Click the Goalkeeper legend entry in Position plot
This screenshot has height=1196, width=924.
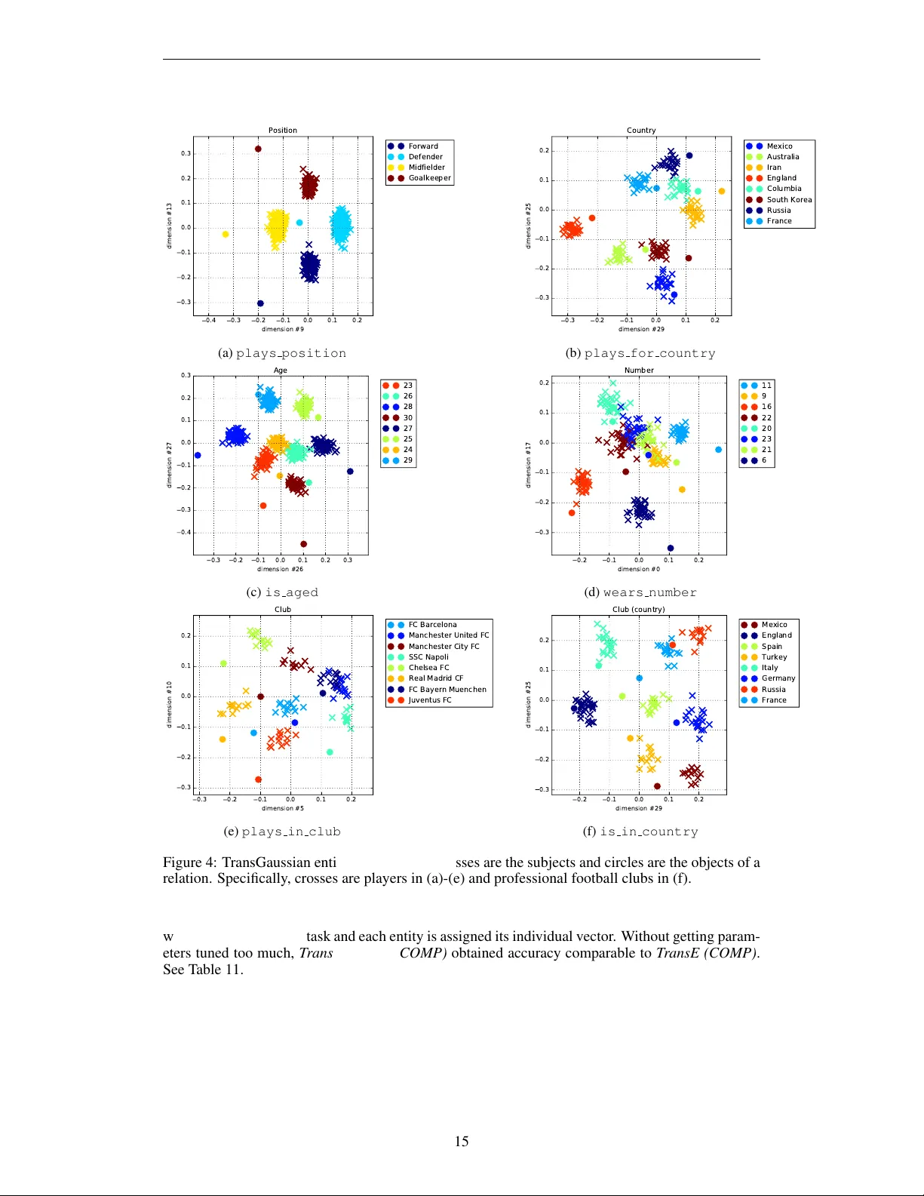pos(429,178)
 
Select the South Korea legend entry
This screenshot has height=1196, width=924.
pos(788,200)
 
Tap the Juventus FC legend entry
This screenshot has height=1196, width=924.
pos(429,700)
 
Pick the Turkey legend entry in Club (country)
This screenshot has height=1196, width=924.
pos(773,657)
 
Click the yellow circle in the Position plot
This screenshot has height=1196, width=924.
pos(225,235)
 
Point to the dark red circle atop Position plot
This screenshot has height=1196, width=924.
pos(258,149)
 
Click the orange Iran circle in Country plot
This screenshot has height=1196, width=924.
pos(721,192)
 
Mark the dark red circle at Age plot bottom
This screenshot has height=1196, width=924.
pos(303,544)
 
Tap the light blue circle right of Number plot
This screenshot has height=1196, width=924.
pos(718,450)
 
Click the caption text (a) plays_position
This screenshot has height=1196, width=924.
pos(282,353)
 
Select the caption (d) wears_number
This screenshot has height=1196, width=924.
pos(640,592)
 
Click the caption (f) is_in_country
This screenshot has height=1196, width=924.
pos(640,832)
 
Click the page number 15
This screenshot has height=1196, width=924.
pos(462,1142)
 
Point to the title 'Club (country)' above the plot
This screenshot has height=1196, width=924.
pos(638,609)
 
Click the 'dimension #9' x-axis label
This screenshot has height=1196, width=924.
pos(283,329)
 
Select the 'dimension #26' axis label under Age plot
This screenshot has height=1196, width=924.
pos(280,569)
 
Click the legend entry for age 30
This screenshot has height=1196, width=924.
pos(407,417)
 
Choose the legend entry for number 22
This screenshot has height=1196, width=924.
pos(766,417)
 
